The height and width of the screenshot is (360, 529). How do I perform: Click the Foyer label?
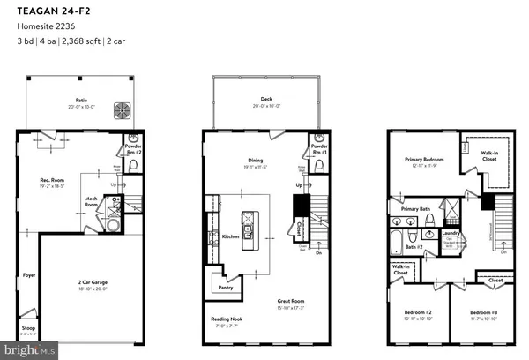click(x=28, y=274)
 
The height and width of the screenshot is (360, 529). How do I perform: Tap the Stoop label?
click(x=27, y=329)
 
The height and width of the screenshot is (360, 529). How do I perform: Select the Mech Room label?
click(x=91, y=201)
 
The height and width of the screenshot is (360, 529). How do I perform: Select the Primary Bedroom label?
click(x=421, y=161)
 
